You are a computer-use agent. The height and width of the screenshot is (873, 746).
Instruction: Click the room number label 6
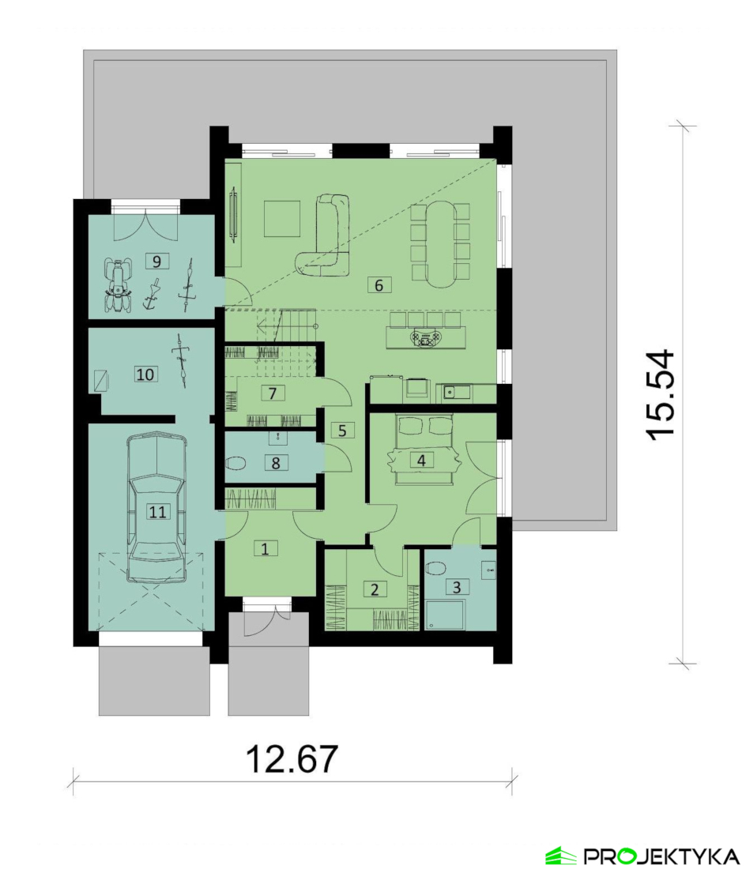point(379,285)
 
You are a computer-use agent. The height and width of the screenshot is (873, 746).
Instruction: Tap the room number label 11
point(157,511)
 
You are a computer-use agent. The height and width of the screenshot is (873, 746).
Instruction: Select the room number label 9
point(156,261)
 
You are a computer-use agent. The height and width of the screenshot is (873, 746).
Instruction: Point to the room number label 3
point(457,587)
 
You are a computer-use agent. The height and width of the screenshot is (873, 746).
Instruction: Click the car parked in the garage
point(156,508)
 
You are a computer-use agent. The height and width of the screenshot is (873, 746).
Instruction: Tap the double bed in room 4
point(423,450)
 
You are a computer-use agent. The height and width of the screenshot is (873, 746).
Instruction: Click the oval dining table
point(441,244)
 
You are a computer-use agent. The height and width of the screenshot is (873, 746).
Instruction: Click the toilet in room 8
point(237,463)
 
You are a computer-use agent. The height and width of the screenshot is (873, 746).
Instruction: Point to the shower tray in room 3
point(445,615)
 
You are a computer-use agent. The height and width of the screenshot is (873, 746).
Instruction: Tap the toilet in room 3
point(435,567)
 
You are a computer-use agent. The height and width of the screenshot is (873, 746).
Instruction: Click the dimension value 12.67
point(292,758)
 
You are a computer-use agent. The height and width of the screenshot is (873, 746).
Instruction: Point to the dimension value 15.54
point(661,395)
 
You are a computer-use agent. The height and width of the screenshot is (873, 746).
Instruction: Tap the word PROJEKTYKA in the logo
point(661,855)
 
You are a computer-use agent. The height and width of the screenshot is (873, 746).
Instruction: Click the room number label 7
point(272,393)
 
